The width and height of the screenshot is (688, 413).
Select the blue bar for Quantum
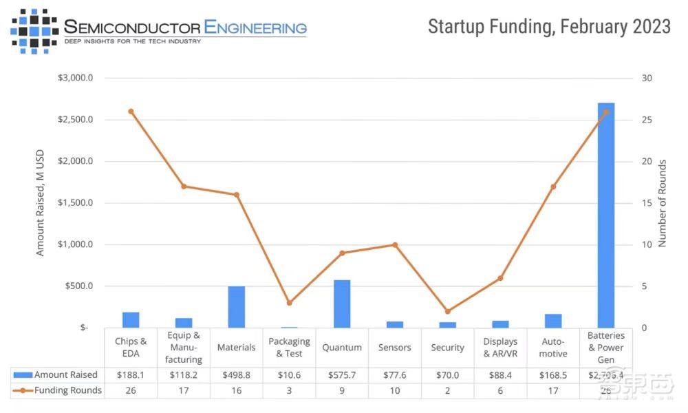tap(342, 304)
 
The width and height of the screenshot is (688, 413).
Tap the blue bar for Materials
tap(236, 307)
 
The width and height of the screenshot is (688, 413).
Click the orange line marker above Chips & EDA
tap(131, 112)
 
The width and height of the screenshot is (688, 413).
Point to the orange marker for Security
tap(447, 311)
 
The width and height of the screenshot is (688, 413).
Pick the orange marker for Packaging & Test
tap(289, 303)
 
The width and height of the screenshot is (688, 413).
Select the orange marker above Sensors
tap(395, 244)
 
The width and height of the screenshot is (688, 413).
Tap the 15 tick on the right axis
tap(646, 203)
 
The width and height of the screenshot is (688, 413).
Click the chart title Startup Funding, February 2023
tap(549, 27)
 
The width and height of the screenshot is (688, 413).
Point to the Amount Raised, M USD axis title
tap(40, 202)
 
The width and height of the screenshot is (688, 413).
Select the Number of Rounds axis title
tap(663, 203)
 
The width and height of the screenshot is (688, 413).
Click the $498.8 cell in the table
tap(236, 375)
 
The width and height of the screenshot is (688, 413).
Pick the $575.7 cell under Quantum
tap(342, 375)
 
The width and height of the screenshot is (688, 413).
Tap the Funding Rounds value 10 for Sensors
tap(395, 390)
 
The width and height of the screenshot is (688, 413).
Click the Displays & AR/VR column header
tap(500, 347)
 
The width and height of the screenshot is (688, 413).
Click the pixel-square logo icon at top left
tap(34, 30)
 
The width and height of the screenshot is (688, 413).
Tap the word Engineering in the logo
tap(255, 28)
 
